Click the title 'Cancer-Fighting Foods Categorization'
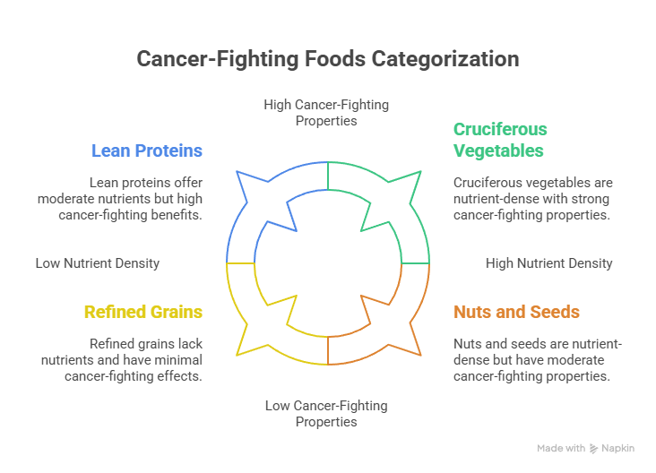327,59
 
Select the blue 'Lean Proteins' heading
146,150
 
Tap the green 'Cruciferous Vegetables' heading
500,140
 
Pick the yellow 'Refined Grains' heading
142,312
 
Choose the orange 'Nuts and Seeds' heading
516,312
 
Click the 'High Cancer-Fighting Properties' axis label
326,112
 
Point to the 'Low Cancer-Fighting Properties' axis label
326,413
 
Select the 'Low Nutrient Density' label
98,263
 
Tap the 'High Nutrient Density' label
548,263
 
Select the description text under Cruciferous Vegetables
531,198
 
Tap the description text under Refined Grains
133,359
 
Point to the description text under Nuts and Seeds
531,359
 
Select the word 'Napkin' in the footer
618,448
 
